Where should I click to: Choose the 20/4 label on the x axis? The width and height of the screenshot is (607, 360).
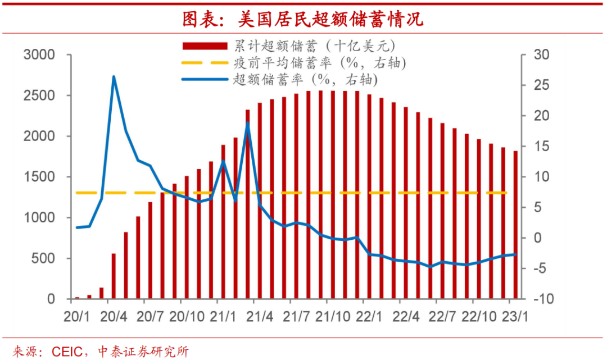pos(113,316)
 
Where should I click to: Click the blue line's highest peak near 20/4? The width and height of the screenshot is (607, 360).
pos(114,77)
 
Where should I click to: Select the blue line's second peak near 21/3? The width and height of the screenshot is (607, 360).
pos(247,122)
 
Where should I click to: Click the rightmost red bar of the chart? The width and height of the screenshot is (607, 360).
pos(515,225)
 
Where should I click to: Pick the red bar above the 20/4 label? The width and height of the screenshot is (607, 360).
pos(114,276)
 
